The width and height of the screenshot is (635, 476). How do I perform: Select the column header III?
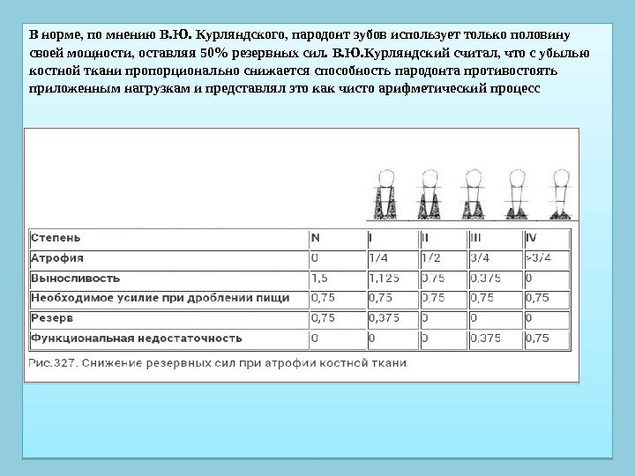click(x=476, y=238)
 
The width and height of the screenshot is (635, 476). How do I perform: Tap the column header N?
click(x=316, y=238)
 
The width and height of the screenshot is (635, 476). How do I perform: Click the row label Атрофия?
click(x=58, y=258)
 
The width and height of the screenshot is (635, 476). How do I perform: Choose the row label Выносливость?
click(x=75, y=279)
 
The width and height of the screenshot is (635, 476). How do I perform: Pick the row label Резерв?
click(x=52, y=317)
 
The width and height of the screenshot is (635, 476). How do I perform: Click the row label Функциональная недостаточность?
click(x=136, y=338)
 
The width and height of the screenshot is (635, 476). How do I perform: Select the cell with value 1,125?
click(x=385, y=279)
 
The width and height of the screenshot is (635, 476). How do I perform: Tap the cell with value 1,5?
click(x=318, y=279)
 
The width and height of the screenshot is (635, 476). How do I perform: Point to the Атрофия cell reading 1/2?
click(x=431, y=258)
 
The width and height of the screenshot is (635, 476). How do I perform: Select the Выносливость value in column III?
click(x=486, y=279)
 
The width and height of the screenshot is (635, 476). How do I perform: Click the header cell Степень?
click(x=56, y=238)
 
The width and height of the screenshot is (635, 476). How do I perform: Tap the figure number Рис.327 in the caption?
click(x=55, y=362)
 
